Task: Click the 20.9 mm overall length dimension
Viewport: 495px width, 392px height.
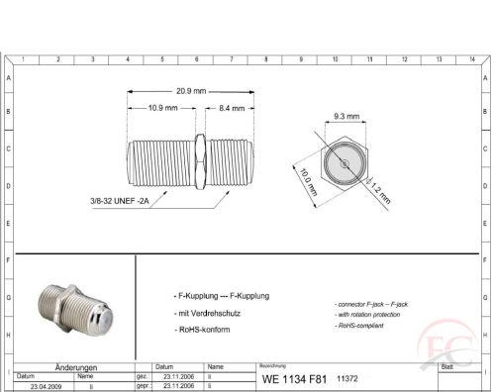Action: pyautogui.click(x=193, y=90)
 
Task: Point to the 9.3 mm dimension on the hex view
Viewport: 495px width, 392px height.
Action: pyautogui.click(x=346, y=116)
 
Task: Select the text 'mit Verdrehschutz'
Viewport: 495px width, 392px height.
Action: pyautogui.click(x=208, y=312)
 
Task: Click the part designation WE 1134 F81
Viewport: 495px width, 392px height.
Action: pyautogui.click(x=293, y=379)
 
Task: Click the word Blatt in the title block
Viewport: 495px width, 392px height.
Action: pyautogui.click(x=447, y=366)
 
